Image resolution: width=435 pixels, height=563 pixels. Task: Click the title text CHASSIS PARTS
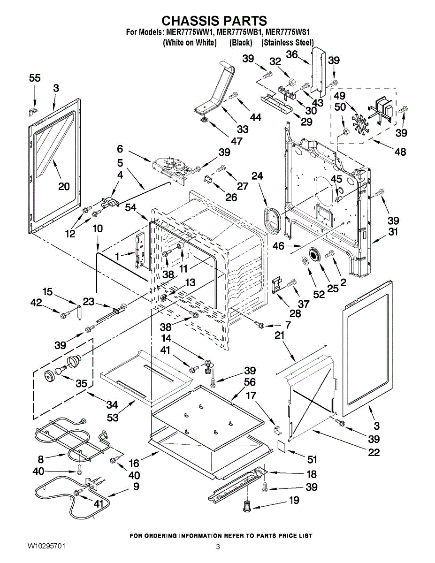pyautogui.click(x=214, y=21)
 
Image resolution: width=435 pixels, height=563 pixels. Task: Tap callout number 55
pyautogui.click(x=35, y=79)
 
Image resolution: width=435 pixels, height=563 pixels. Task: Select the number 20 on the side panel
pyautogui.click(x=64, y=186)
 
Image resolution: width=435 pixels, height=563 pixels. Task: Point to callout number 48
pyautogui.click(x=400, y=152)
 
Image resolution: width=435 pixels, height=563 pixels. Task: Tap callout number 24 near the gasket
pyautogui.click(x=257, y=176)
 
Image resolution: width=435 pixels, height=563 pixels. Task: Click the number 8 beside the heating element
pyautogui.click(x=41, y=459)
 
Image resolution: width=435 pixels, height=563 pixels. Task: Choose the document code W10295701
pyautogui.click(x=46, y=547)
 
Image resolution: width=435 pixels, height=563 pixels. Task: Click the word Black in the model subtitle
pyautogui.click(x=241, y=43)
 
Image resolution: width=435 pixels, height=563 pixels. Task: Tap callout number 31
pyautogui.click(x=393, y=232)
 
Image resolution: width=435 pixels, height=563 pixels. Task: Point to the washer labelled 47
pyautogui.click(x=204, y=121)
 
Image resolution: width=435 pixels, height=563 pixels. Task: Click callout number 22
pyautogui.click(x=374, y=452)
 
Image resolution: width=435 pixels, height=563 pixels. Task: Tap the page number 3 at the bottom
pyautogui.click(x=218, y=547)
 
